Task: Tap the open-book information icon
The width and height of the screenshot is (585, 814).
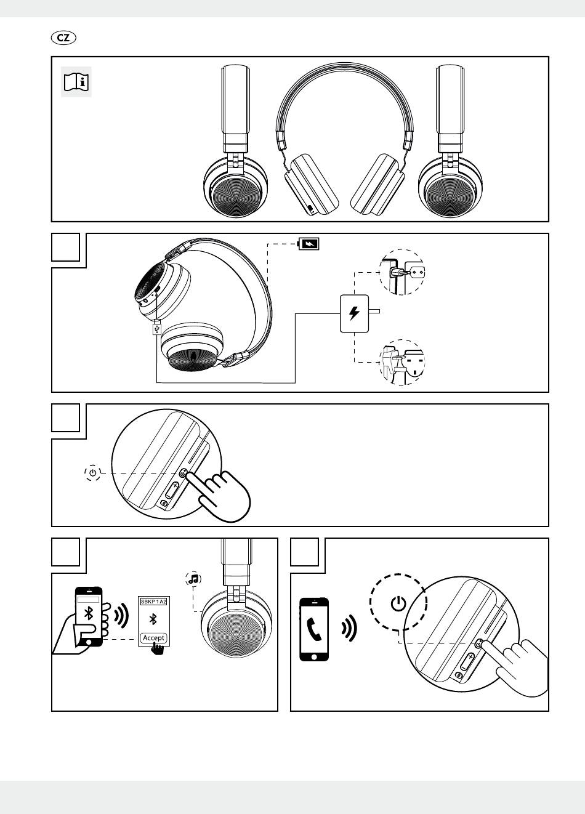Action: click(x=76, y=82)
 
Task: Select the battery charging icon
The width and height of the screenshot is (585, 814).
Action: click(x=309, y=244)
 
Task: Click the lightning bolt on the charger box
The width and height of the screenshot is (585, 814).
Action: click(x=354, y=313)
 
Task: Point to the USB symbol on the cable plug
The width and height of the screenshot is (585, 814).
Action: click(x=157, y=329)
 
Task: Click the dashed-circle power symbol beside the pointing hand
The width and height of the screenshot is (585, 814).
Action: click(x=92, y=473)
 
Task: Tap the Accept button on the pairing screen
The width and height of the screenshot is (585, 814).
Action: click(x=153, y=638)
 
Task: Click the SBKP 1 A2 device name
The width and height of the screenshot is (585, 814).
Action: click(x=153, y=602)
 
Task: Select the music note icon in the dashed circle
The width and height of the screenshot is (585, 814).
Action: click(x=193, y=579)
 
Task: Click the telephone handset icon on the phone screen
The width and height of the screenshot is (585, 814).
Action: click(x=314, y=629)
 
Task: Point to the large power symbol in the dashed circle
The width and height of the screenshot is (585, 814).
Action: click(x=398, y=603)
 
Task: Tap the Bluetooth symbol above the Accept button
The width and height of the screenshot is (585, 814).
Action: click(x=153, y=619)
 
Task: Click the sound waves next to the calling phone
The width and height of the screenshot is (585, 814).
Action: click(x=350, y=629)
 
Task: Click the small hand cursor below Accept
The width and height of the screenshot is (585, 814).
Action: click(x=157, y=649)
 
